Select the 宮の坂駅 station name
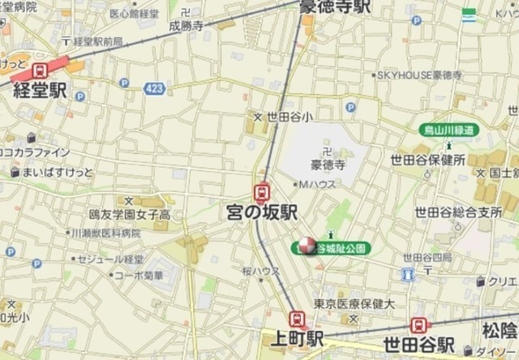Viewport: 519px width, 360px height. tap(262, 212)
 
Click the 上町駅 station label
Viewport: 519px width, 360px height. tap(294, 337)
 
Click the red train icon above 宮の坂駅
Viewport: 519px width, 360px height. tap(262, 192)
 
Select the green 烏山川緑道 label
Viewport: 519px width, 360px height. tap(448, 130)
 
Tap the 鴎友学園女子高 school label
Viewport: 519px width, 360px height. tap(130, 215)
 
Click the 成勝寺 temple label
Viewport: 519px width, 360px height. tap(186, 25)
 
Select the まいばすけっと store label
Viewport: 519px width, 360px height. tap(58, 172)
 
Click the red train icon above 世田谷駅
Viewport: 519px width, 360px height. tap(420, 325)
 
